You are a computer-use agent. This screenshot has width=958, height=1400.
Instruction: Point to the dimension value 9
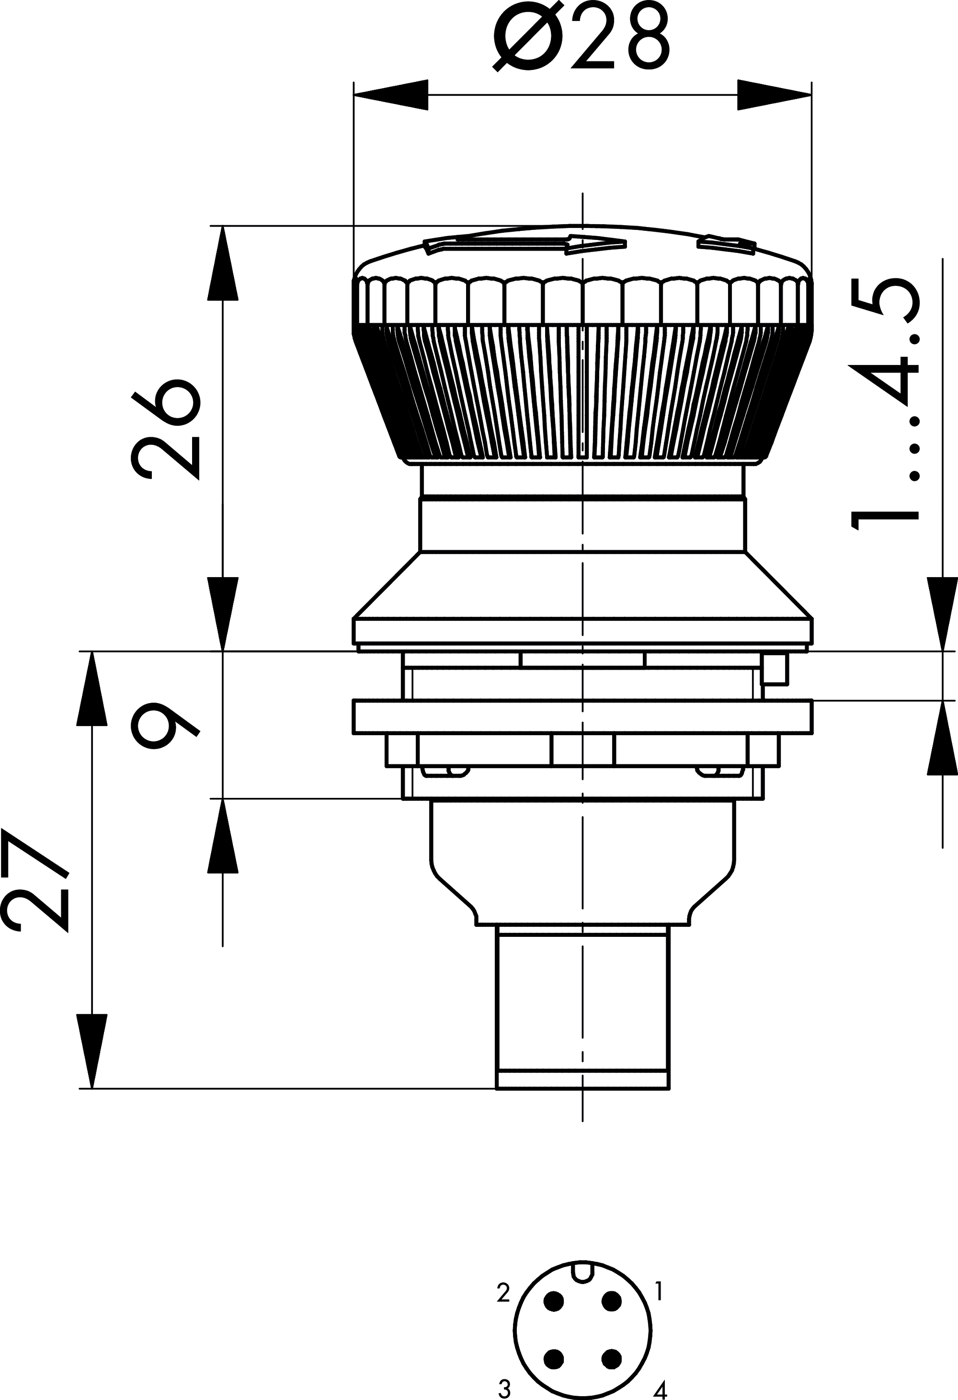pyautogui.click(x=164, y=725)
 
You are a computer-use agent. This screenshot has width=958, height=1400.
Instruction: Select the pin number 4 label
pyautogui.click(x=661, y=1390)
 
